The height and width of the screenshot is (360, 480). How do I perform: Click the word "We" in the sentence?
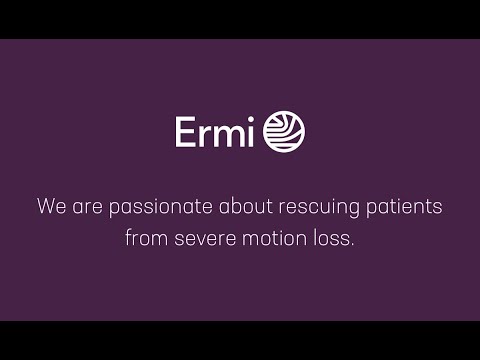50,209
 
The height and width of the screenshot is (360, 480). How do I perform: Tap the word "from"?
146,240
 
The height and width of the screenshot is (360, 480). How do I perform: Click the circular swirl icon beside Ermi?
284,132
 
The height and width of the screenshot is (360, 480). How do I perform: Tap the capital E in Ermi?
186,132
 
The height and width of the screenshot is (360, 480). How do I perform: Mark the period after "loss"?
352,246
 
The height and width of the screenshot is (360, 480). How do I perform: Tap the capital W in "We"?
45,209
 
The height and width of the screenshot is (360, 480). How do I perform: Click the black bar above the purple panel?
240,19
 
